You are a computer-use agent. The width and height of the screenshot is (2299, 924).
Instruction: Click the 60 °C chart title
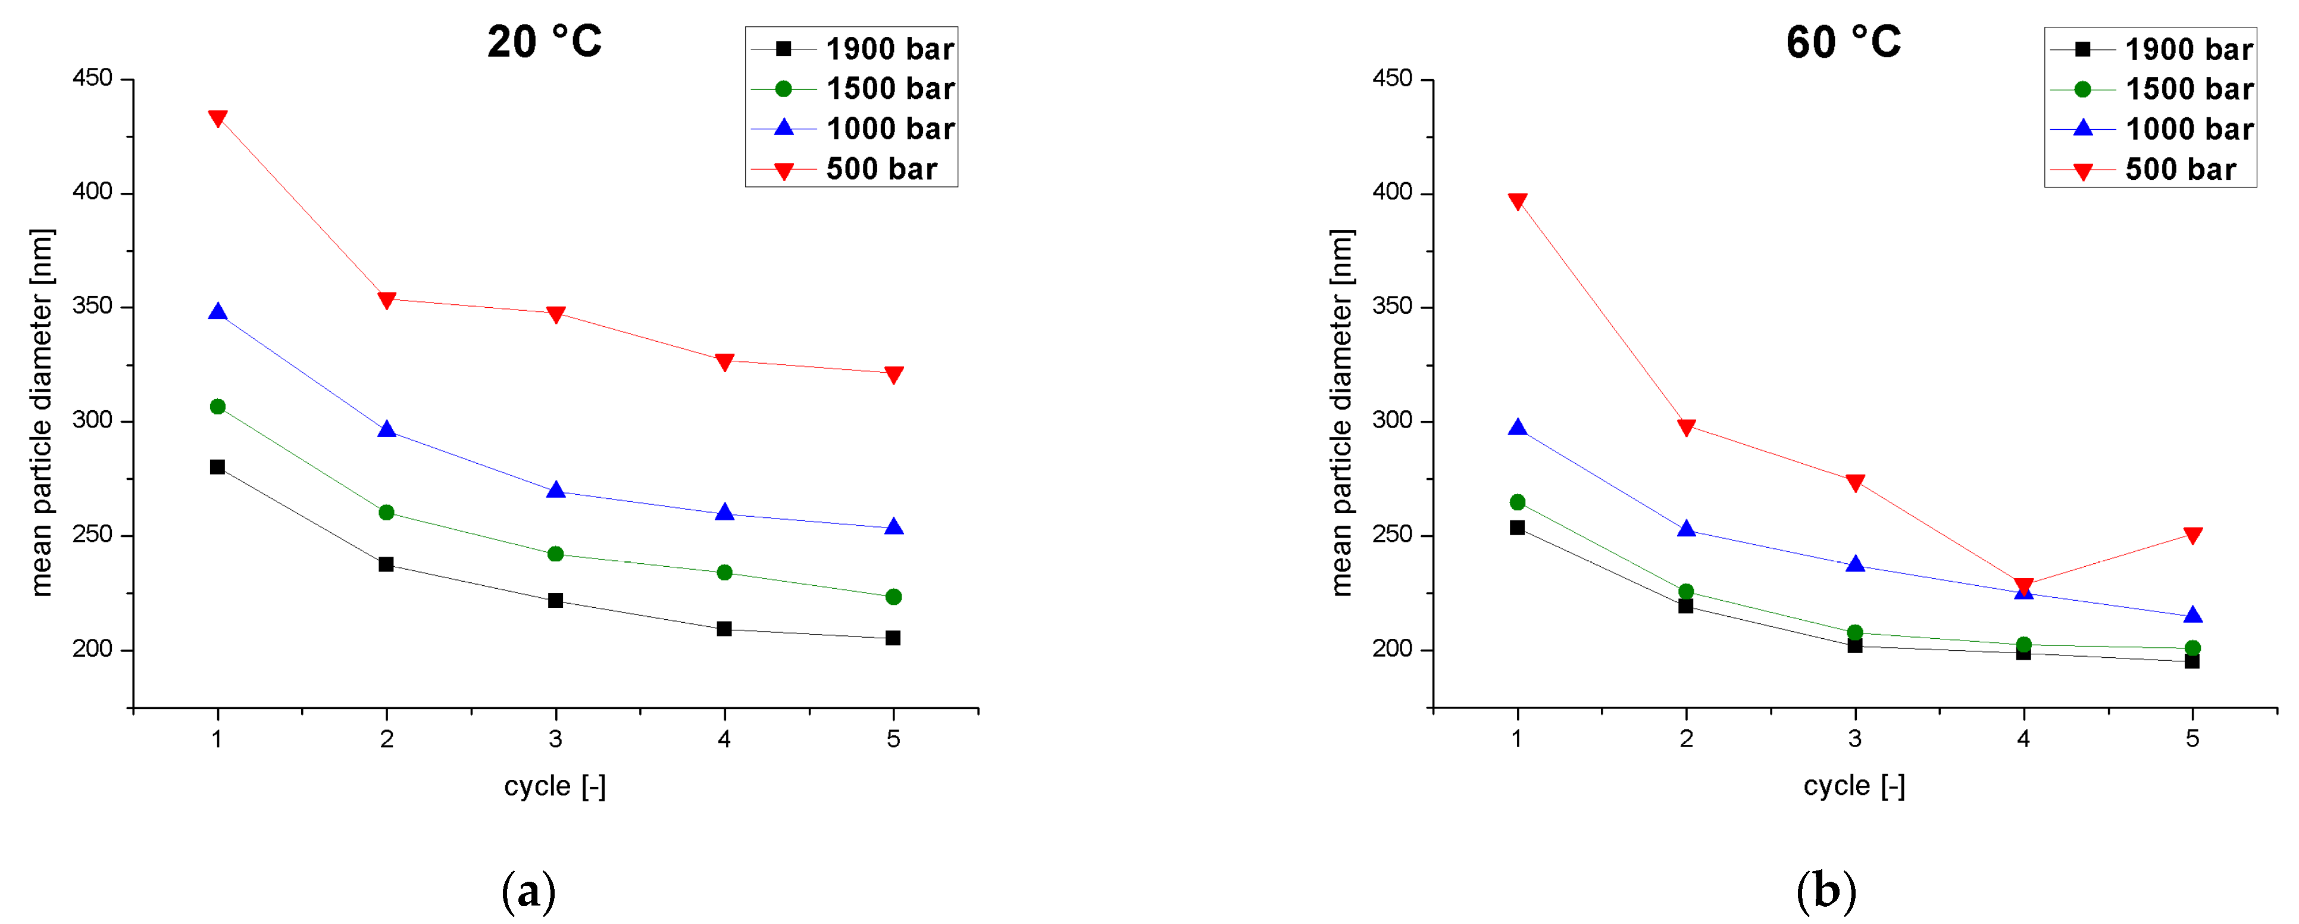click(1843, 42)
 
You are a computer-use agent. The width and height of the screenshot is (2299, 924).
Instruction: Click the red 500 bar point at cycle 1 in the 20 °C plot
click(217, 118)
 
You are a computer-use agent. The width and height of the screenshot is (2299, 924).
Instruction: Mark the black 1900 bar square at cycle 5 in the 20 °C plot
click(893, 638)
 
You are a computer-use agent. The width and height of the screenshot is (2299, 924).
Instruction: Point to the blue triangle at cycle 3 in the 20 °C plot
click(555, 490)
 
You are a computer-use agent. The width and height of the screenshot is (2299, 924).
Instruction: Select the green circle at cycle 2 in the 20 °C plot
click(386, 513)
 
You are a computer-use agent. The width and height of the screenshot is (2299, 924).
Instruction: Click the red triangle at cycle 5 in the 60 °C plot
click(2192, 535)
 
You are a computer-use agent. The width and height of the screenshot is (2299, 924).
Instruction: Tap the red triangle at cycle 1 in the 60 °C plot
click(1516, 201)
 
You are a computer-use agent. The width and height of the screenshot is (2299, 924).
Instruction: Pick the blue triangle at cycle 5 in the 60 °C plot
click(2192, 615)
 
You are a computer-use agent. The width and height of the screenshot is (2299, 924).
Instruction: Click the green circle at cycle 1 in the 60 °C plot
click(1516, 502)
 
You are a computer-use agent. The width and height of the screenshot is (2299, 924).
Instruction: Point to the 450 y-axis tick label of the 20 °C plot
click(93, 79)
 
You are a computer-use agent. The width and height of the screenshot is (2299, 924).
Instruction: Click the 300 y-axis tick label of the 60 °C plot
click(1391, 420)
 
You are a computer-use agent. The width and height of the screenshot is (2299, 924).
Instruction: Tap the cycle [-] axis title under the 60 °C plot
click(1854, 786)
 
